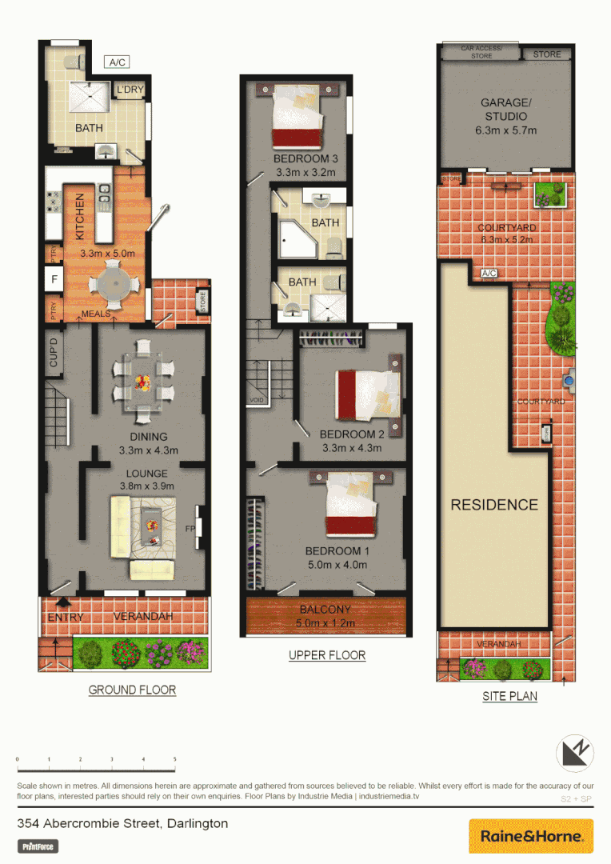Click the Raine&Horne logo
pos(531,836)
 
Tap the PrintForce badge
pos(38,846)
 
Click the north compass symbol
pos(577,754)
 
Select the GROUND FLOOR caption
pos(132,690)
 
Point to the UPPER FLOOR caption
pos(327,655)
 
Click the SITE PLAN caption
pos(509,696)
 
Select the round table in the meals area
pos(111,285)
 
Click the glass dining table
pos(143,382)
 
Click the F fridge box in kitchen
pos(54,279)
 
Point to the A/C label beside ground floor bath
pos(117,62)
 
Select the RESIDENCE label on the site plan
pos(493,505)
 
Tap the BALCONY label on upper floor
pos(325,610)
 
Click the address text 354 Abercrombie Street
pos(122,823)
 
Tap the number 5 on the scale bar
pos(174,759)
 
